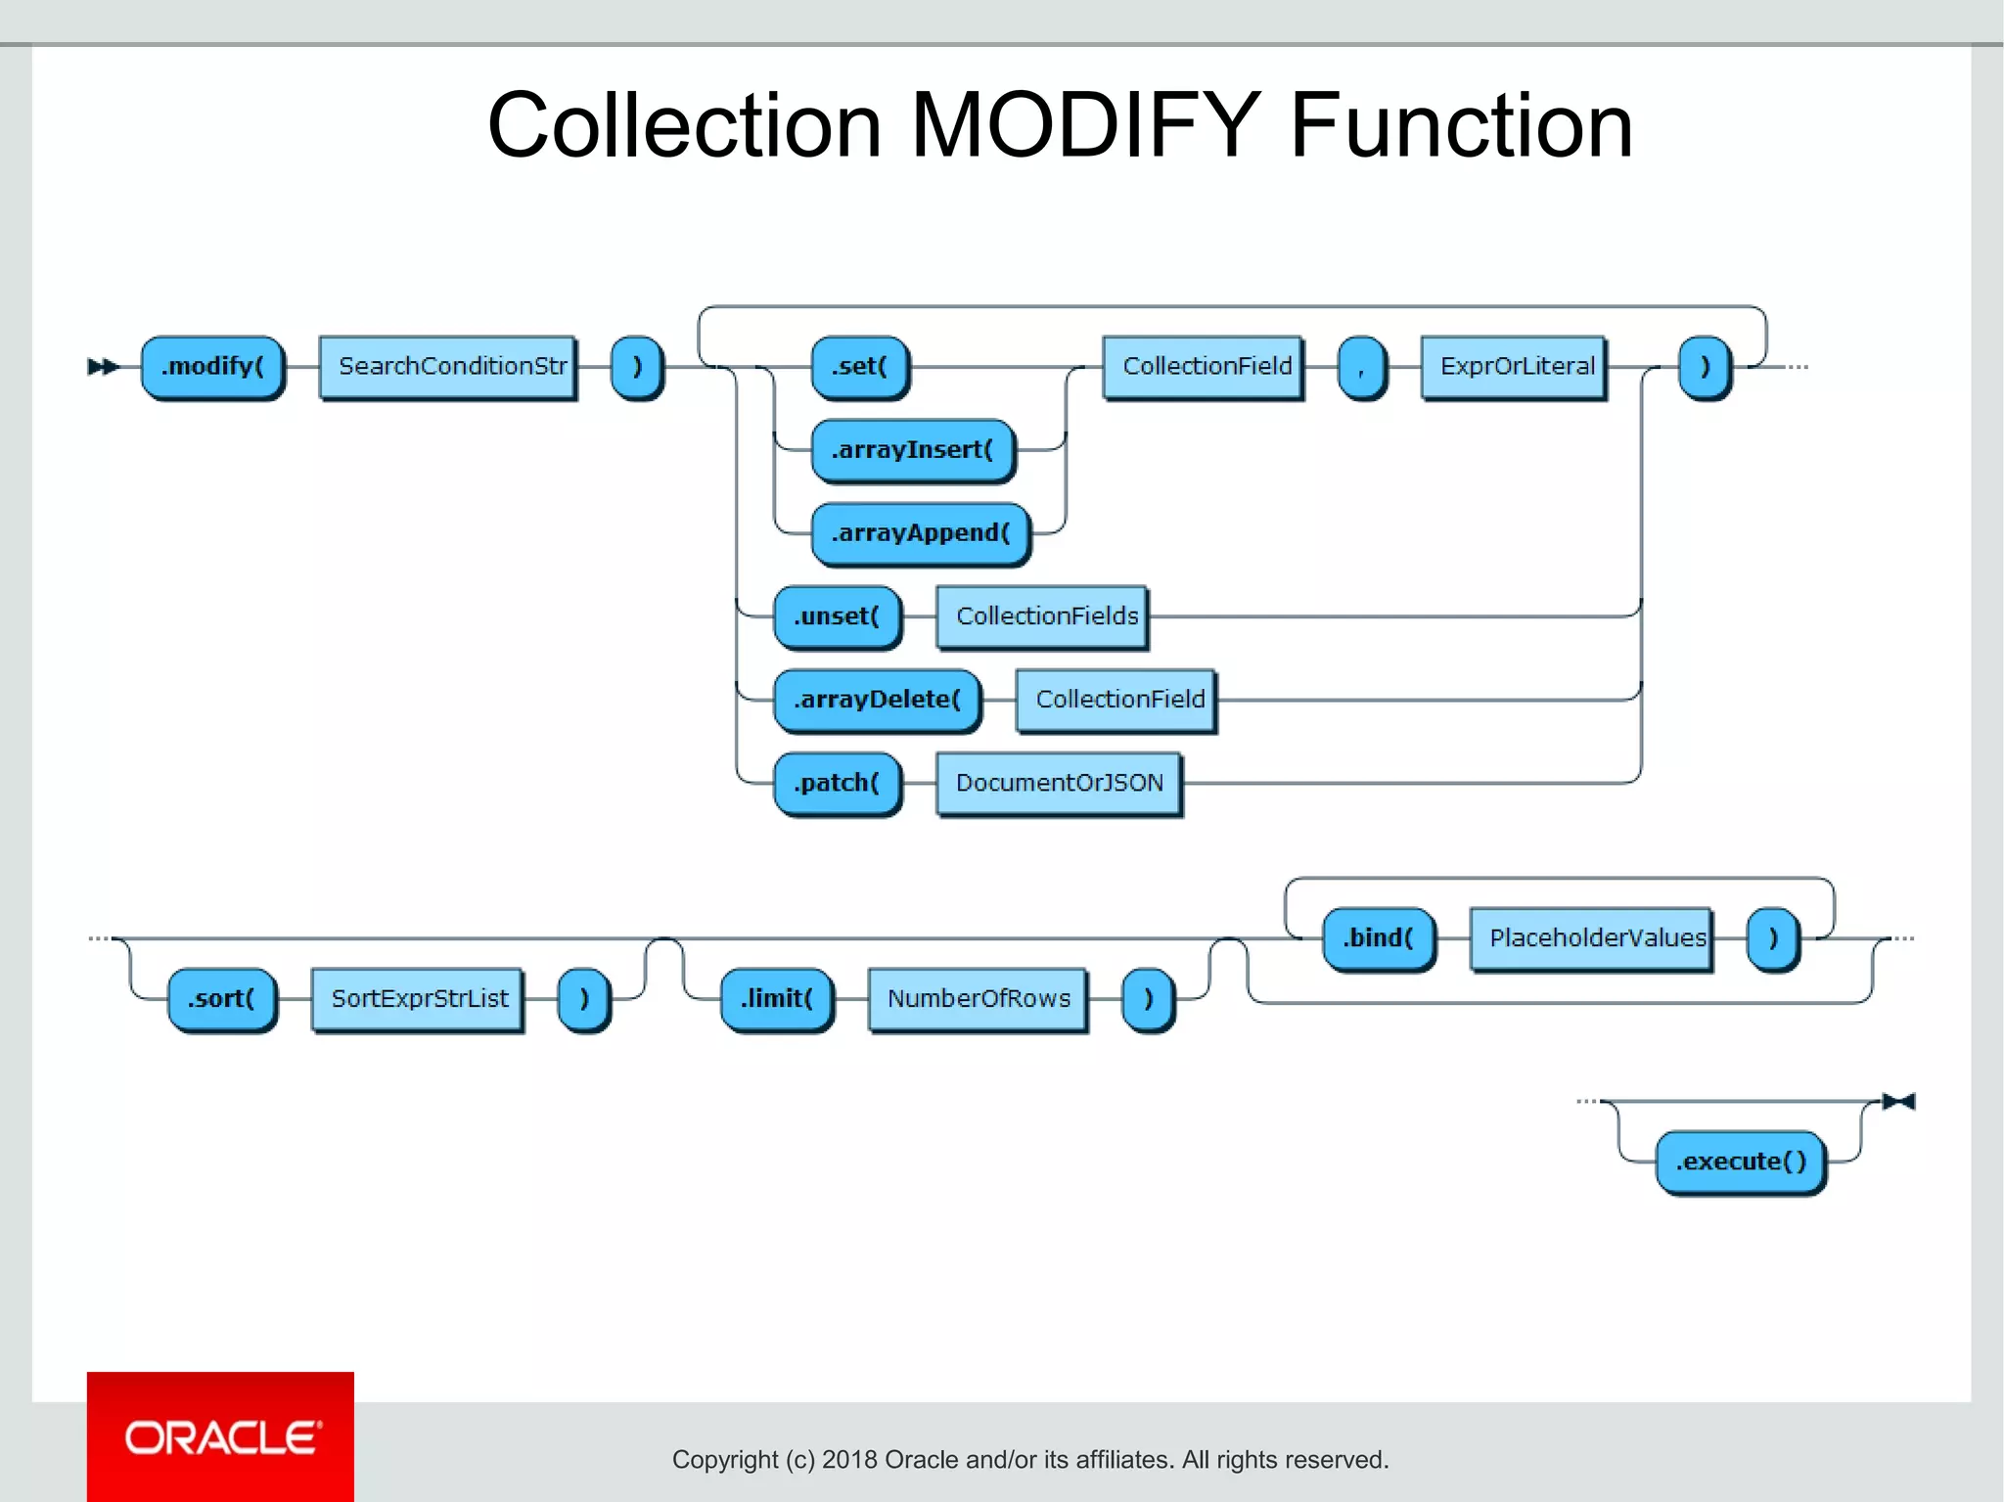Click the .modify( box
[x=212, y=367]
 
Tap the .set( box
[x=859, y=367]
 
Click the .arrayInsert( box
[x=912, y=450]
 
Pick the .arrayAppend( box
[x=920, y=533]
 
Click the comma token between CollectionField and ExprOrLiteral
[x=1361, y=367]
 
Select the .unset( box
[x=837, y=616]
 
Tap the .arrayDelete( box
[x=877, y=700]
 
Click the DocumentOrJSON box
[x=1059, y=783]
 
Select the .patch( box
[x=837, y=783]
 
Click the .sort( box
[x=221, y=999]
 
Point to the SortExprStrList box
[x=418, y=999]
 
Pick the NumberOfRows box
[x=978, y=999]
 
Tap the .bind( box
[x=1378, y=938]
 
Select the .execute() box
[x=1740, y=1162]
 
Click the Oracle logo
[x=221, y=1436]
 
